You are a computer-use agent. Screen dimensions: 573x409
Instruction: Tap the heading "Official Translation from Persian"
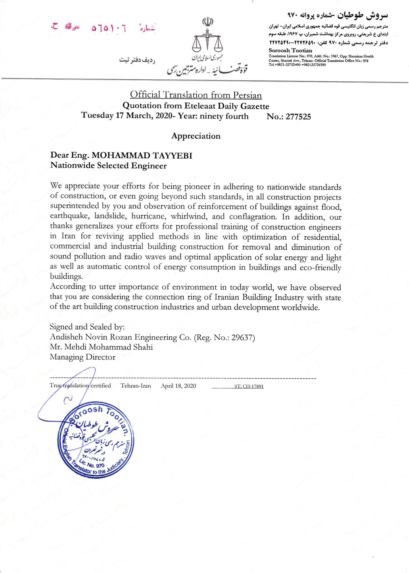[196, 95]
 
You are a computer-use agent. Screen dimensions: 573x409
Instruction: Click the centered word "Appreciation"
[196, 136]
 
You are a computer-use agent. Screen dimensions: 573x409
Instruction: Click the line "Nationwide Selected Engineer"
[108, 166]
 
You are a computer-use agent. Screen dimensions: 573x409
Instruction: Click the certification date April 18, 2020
[178, 386]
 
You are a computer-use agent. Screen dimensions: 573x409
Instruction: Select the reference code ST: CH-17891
[249, 387]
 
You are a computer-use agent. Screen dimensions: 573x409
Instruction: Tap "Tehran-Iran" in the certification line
[136, 386]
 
